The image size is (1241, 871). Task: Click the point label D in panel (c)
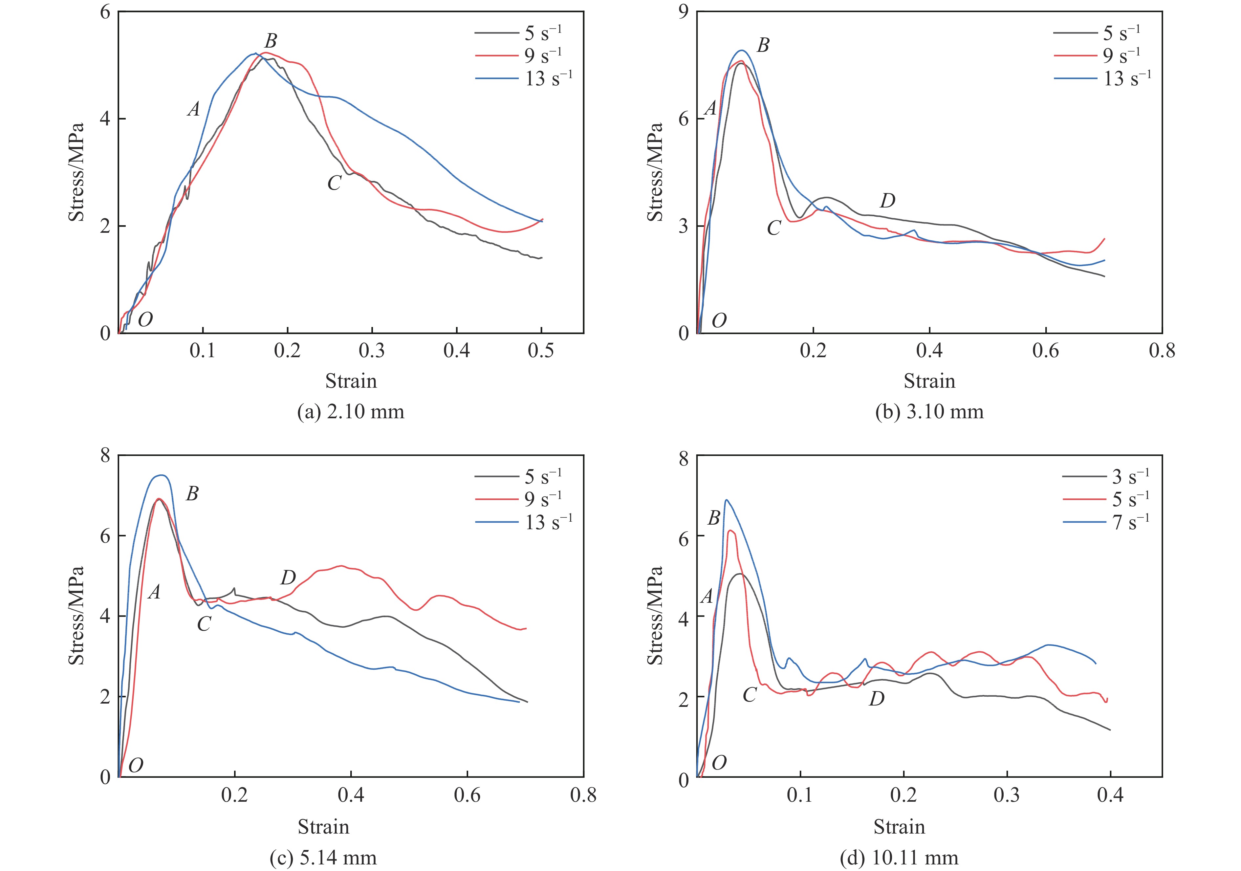click(288, 578)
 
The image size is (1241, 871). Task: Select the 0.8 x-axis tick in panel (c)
click(583, 795)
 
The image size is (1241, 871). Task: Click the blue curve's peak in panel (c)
click(161, 475)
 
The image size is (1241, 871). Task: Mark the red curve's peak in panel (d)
click(730, 531)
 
